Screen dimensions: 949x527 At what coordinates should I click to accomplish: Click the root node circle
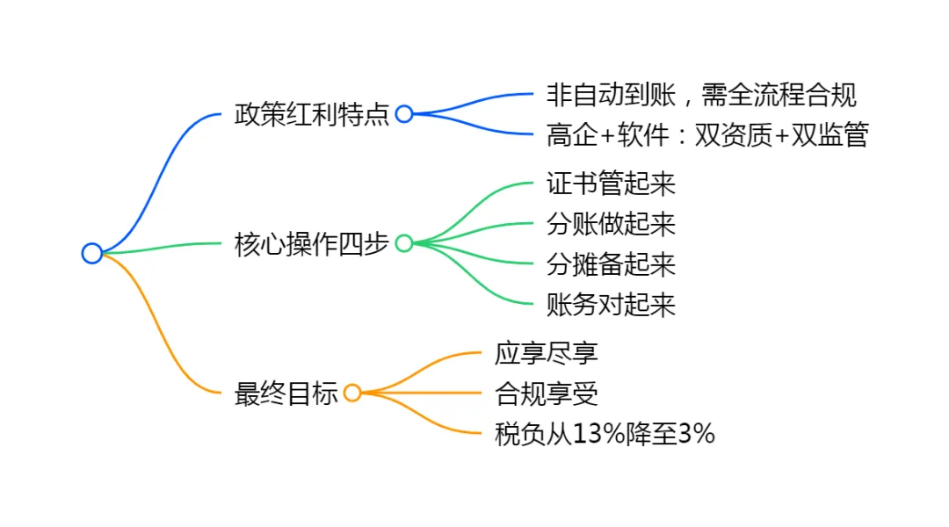pos(92,254)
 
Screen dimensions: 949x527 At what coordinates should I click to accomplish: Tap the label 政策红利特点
pos(312,114)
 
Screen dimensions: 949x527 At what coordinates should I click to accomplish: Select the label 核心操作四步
pos(312,243)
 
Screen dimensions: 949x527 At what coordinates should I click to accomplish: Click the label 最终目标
pos(286,393)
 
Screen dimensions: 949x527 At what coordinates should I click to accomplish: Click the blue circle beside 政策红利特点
pos(404,114)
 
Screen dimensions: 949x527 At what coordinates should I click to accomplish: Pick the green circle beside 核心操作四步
pos(404,243)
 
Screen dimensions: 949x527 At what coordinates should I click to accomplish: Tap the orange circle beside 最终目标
pos(352,393)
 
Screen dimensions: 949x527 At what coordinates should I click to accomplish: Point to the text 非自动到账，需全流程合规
pos(701,94)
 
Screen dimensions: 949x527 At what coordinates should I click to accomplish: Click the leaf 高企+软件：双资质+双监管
pos(706,135)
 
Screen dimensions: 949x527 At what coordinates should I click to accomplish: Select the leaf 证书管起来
pos(611,184)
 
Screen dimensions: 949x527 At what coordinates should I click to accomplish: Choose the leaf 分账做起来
pos(611,224)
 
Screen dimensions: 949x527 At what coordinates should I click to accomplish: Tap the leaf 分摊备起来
pos(611,264)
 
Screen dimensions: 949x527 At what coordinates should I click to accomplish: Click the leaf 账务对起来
pos(611,305)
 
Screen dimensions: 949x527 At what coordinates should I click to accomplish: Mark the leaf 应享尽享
pos(547,353)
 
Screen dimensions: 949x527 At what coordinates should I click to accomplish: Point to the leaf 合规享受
pos(547,393)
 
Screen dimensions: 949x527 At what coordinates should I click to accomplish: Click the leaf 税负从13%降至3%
pos(605,434)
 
